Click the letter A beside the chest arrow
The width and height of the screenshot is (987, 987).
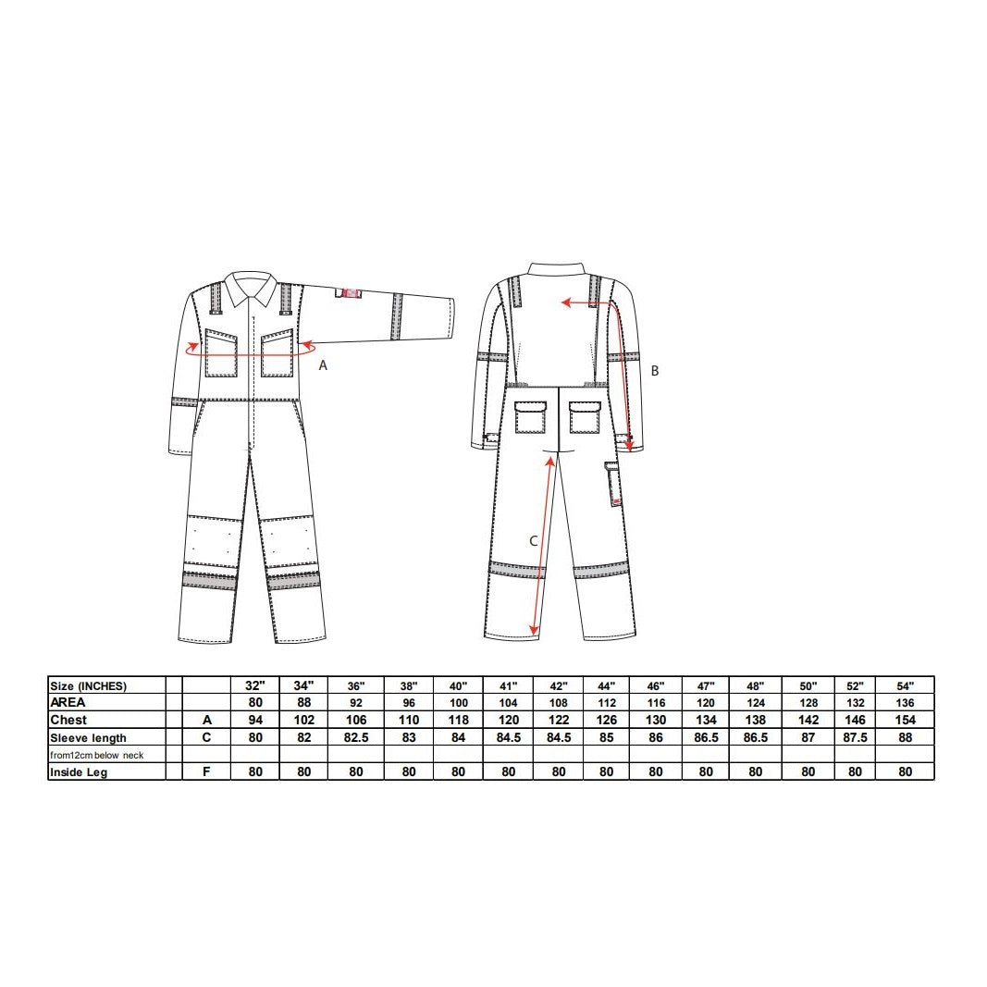323,365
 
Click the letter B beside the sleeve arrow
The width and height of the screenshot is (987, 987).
655,371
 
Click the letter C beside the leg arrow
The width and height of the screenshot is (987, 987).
533,541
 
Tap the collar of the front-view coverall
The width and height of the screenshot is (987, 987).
251,287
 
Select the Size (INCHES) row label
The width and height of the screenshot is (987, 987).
88,686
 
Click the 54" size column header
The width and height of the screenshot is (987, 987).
906,686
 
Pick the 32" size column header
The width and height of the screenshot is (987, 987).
255,686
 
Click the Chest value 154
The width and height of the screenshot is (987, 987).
906,720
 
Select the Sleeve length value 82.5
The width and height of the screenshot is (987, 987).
356,738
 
